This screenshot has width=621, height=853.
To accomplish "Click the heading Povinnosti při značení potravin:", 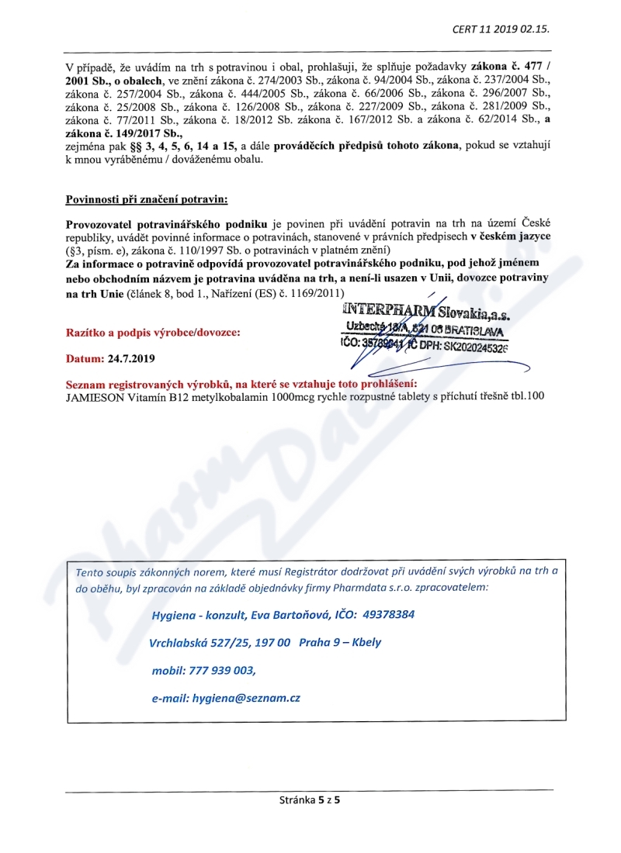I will (x=147, y=200).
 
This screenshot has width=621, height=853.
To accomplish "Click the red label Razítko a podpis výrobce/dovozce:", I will (x=153, y=333).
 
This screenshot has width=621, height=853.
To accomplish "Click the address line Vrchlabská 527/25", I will (x=199, y=642).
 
